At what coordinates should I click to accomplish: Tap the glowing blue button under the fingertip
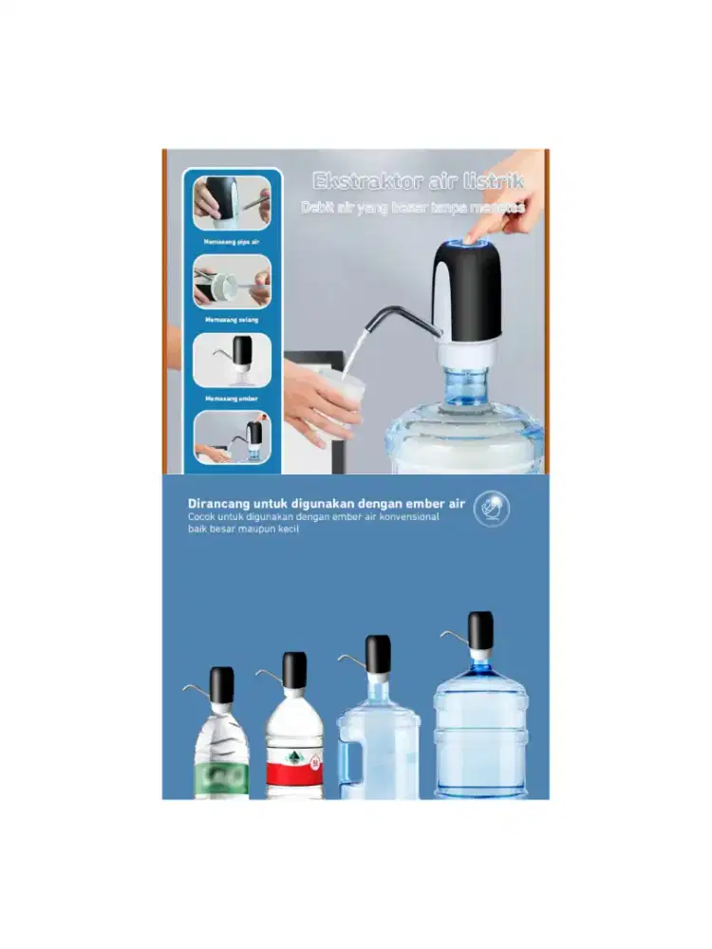click(x=467, y=244)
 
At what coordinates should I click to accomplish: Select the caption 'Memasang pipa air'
click(x=233, y=243)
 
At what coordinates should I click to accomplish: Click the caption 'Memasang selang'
click(x=233, y=320)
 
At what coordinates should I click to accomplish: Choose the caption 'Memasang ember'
click(x=233, y=398)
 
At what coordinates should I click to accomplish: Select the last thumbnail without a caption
click(x=233, y=437)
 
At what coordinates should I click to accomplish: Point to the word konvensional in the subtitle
click(x=405, y=517)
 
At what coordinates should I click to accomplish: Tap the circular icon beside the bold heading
click(x=492, y=509)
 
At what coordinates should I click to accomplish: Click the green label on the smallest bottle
click(x=221, y=776)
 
